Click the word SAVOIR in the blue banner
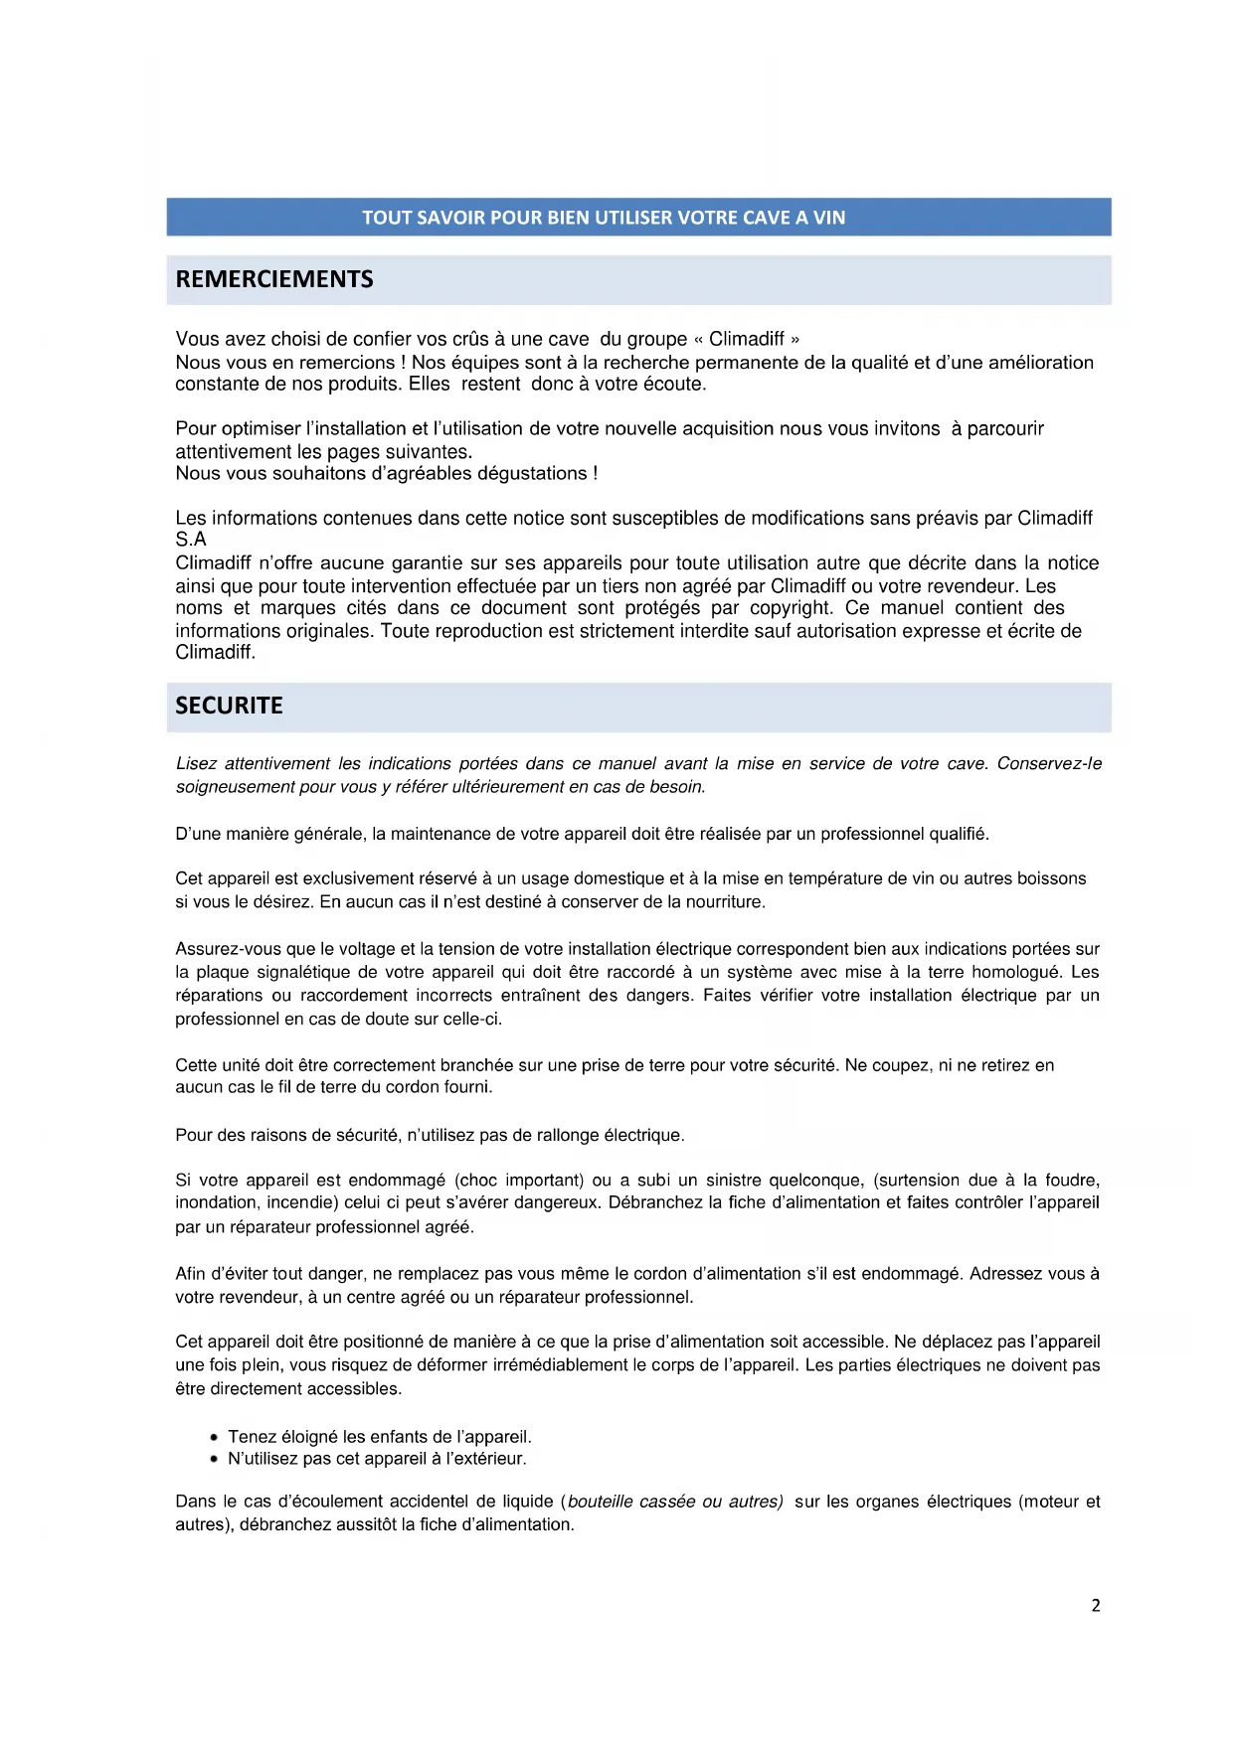[450, 218]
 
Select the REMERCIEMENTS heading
[274, 279]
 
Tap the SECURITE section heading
[229, 706]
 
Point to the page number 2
[1096, 1605]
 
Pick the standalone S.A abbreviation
[191, 540]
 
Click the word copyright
[790, 608]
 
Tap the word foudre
[1071, 1180]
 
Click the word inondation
[216, 1202]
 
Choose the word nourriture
[724, 902]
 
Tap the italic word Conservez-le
[1049, 763]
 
